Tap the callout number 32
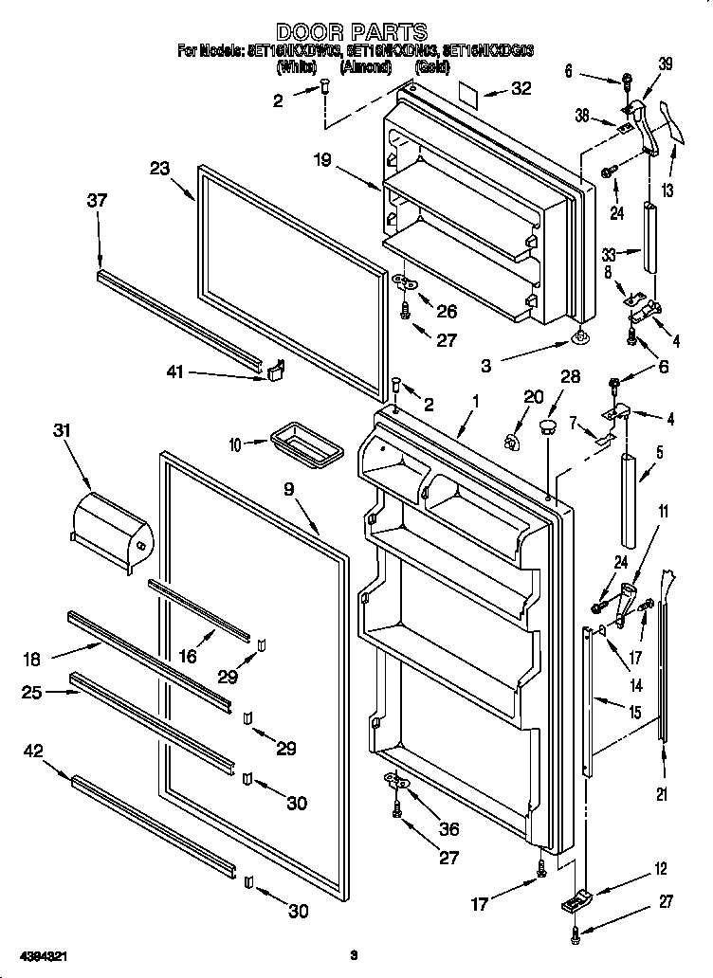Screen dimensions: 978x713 (x=521, y=89)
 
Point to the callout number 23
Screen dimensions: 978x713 (x=159, y=169)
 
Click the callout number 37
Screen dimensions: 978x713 (x=97, y=200)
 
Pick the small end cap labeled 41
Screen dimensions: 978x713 (x=275, y=370)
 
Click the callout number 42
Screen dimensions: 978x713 (x=33, y=753)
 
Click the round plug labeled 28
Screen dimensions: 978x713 (x=545, y=427)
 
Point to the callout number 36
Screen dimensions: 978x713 (x=448, y=828)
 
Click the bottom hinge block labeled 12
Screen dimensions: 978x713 (x=575, y=901)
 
